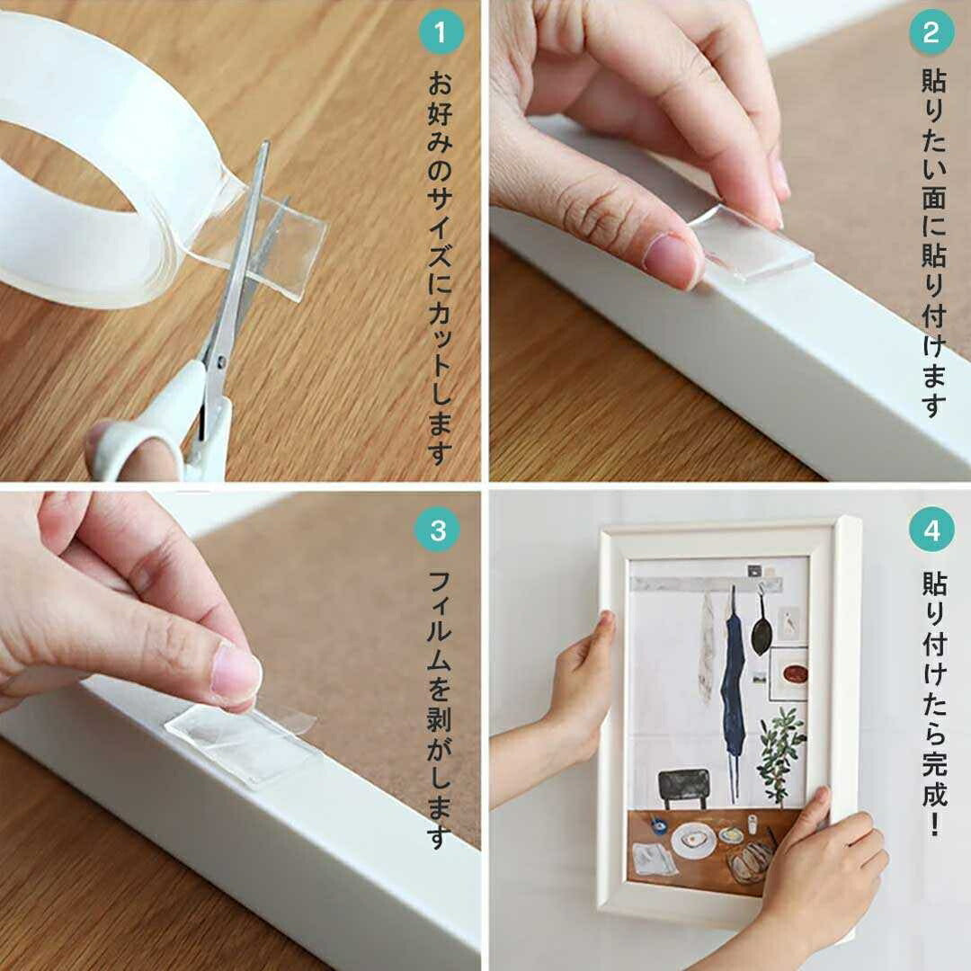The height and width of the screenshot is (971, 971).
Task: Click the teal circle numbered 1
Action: pyautogui.click(x=441, y=32)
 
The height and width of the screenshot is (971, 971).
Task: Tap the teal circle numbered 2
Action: pyautogui.click(x=931, y=32)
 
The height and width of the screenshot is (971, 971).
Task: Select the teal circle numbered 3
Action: pyautogui.click(x=439, y=530)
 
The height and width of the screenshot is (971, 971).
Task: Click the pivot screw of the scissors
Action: pyautogui.click(x=221, y=358)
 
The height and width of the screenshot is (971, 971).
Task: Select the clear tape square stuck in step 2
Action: pyautogui.click(x=753, y=243)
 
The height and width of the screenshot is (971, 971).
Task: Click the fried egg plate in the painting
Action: pyautogui.click(x=693, y=841)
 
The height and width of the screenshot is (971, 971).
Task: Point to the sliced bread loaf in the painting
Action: pyautogui.click(x=750, y=862)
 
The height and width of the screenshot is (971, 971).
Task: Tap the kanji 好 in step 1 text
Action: pyautogui.click(x=441, y=114)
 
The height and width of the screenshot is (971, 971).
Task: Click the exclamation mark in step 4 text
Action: pyautogui.click(x=934, y=824)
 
